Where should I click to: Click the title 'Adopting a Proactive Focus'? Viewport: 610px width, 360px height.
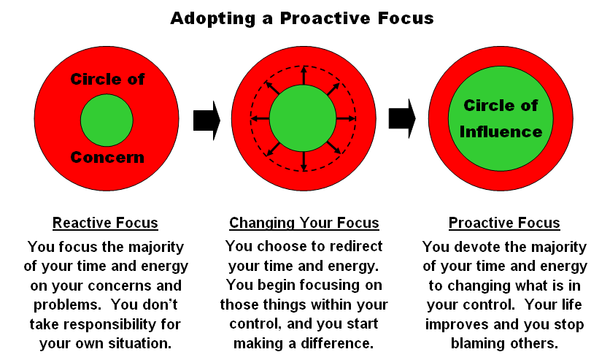(x=301, y=18)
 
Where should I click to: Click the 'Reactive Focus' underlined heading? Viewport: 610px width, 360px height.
(x=105, y=223)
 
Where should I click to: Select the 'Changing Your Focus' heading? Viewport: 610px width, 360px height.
(x=304, y=223)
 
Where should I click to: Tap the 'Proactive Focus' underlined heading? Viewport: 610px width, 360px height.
(x=504, y=223)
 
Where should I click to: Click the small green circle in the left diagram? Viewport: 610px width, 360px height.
(x=107, y=120)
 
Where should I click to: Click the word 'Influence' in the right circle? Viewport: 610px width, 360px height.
(x=503, y=132)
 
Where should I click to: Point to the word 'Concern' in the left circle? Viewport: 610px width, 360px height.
(x=107, y=157)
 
